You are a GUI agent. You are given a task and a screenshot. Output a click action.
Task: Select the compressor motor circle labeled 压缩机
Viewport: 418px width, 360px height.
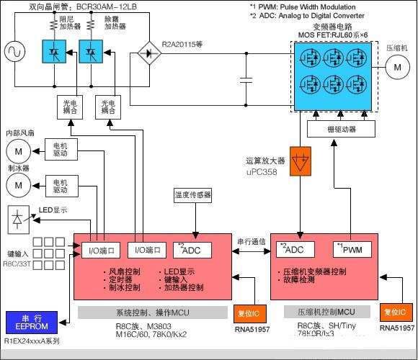395,67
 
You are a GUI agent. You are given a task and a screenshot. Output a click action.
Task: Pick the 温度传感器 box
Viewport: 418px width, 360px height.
193,195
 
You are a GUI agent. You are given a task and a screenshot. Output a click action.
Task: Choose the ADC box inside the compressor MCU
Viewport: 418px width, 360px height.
293,249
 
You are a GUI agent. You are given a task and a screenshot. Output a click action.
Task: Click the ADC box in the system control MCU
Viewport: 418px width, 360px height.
192,249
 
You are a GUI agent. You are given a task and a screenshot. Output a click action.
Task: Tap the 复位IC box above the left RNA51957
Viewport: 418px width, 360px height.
247,314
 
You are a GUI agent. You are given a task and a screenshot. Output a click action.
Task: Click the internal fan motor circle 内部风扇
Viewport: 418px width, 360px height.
19,150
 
